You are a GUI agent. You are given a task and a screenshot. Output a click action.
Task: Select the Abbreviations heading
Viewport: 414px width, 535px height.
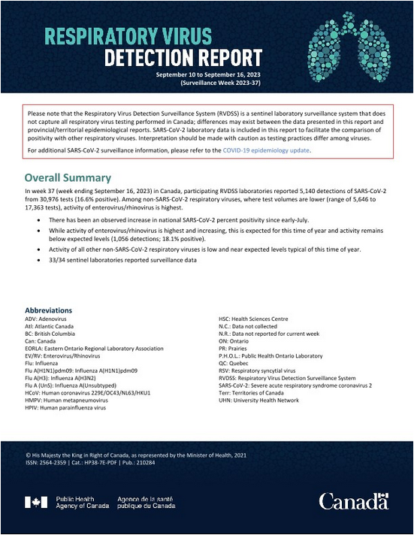(49, 310)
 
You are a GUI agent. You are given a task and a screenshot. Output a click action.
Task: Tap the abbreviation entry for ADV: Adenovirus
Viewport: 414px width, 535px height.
(49, 319)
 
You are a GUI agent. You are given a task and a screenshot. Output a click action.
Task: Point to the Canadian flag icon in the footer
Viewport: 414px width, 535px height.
(36, 502)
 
